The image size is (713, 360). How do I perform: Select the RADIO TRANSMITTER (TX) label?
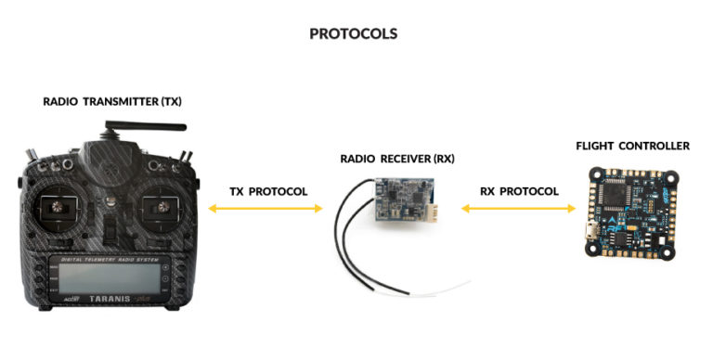click(x=112, y=101)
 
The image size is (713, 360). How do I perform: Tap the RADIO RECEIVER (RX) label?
click(x=396, y=159)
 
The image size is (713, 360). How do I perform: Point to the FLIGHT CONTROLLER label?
click(x=632, y=146)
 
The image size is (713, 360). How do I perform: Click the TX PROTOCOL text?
click(x=268, y=191)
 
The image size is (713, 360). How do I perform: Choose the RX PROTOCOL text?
click(x=519, y=191)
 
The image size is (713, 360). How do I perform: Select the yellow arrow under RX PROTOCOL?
click(x=519, y=211)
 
